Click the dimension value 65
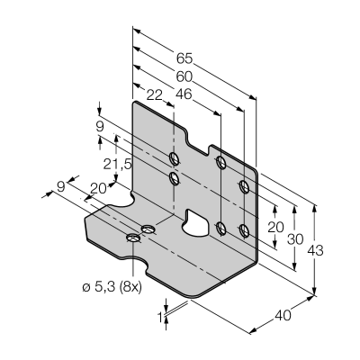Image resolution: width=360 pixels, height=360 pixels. point(184,58)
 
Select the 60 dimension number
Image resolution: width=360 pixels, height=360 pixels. point(184,77)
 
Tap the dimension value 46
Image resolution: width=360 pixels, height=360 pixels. point(184,94)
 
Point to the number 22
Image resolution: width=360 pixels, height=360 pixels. point(155,95)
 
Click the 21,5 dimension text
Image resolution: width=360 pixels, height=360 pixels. point(117,165)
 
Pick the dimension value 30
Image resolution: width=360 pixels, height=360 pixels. point(295,239)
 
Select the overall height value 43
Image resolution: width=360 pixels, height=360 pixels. point(315,250)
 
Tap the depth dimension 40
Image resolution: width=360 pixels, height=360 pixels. point(283,316)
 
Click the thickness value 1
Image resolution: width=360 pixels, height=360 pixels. point(160,316)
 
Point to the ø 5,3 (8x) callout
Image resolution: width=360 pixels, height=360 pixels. point(112,287)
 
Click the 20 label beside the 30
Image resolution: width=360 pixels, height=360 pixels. point(275,228)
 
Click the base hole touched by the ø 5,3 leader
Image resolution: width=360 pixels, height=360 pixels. point(133,238)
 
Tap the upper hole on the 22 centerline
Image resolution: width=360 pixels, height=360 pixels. point(174,158)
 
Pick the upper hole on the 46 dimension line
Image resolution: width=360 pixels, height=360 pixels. point(221,162)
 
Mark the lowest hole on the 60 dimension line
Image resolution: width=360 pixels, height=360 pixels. point(245,231)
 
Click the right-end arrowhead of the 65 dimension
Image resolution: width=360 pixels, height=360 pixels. point(253,97)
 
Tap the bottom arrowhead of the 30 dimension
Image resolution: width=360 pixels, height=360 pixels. point(295,267)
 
